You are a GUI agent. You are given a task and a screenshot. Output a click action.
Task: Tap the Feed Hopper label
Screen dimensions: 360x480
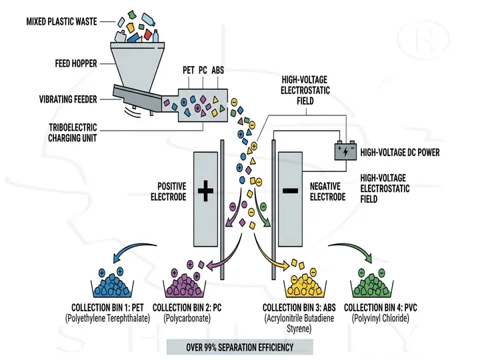[x=75, y=64]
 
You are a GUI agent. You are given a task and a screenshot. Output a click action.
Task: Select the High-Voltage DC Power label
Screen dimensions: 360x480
[x=399, y=153]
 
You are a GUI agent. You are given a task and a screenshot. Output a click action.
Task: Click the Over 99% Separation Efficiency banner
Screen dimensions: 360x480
[x=239, y=347]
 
